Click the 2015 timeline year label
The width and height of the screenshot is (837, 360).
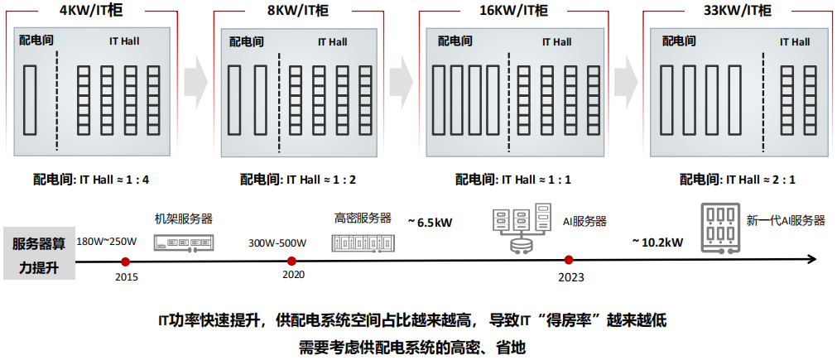coord(127,276)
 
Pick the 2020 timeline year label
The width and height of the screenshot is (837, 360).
coord(293,274)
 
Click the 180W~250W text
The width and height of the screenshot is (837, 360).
coord(107,242)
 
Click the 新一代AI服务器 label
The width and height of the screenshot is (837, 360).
coord(786,220)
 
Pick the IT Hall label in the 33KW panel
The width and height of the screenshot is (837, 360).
coord(794,41)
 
